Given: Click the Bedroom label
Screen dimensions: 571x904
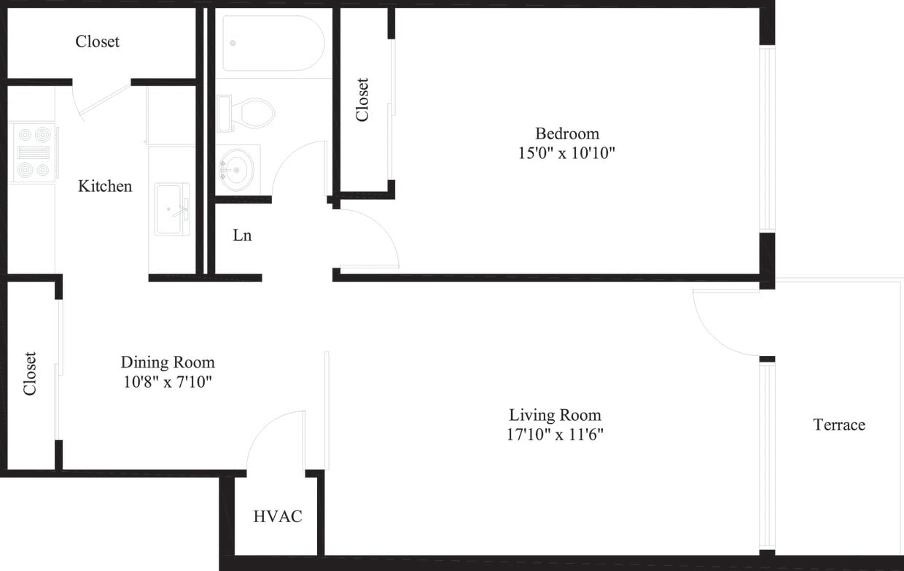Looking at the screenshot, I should [566, 133].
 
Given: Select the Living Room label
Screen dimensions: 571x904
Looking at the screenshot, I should [555, 415].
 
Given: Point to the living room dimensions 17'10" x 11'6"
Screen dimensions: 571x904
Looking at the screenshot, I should [556, 435].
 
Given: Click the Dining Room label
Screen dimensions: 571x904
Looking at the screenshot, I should [168, 362].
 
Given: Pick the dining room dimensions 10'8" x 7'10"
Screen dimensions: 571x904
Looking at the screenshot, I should [167, 381].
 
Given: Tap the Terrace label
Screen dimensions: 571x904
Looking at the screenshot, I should [839, 424].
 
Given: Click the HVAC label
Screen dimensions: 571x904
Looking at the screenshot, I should [278, 516].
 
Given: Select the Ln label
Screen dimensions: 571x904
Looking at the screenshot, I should [242, 236].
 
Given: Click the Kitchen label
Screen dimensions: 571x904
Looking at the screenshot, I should [105, 186].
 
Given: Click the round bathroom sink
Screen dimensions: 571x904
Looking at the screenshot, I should [236, 169].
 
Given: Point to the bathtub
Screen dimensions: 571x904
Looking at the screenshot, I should [273, 43].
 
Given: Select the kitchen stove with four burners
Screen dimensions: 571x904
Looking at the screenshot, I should [34, 152].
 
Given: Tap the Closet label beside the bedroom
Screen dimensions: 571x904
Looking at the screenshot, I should [362, 100].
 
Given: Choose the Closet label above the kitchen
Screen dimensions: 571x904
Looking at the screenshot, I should [97, 42].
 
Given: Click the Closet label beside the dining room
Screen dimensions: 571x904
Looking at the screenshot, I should [30, 373].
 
